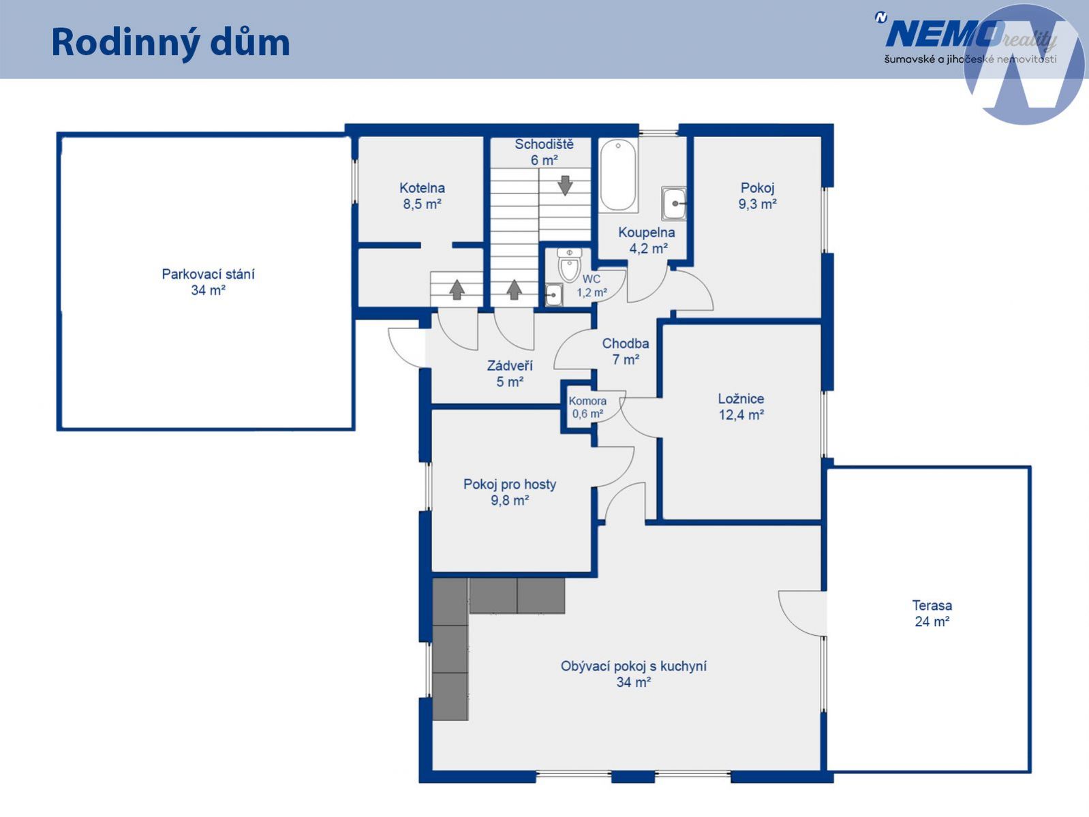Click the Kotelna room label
423,188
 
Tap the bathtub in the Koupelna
617,175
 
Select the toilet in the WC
568,265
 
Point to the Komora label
587,401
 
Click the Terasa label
932,605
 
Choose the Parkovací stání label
208,275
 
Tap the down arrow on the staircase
564,185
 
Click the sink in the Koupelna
674,203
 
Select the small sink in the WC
553,294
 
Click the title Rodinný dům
170,43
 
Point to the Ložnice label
741,399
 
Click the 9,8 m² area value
510,500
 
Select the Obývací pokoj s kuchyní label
634,666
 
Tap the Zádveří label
510,366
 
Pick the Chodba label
625,343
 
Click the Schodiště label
544,144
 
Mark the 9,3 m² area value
757,204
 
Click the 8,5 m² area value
423,204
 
